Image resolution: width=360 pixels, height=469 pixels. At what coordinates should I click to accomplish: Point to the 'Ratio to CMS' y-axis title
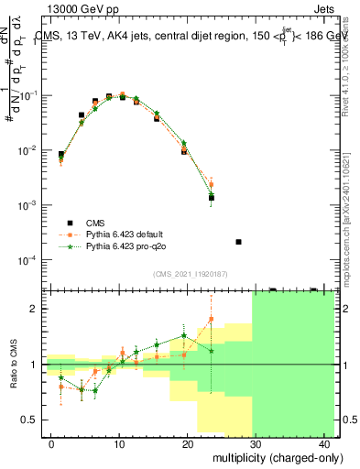click(12, 365)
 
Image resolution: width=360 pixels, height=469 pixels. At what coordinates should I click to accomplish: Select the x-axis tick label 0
click(51, 444)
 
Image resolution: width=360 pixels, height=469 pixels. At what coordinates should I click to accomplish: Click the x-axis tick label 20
click(187, 444)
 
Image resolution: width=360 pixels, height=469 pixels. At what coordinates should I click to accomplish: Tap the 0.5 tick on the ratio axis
click(31, 420)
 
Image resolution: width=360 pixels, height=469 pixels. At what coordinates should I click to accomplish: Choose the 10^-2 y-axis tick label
click(28, 150)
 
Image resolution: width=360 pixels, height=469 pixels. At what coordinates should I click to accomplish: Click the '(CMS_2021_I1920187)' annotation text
click(190, 273)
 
